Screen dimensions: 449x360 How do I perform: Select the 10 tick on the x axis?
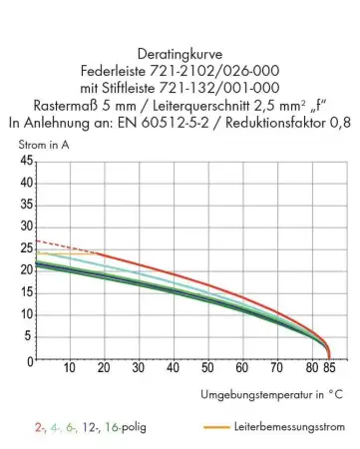[x=69, y=368]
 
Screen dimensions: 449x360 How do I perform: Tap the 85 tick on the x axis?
[x=330, y=368]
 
